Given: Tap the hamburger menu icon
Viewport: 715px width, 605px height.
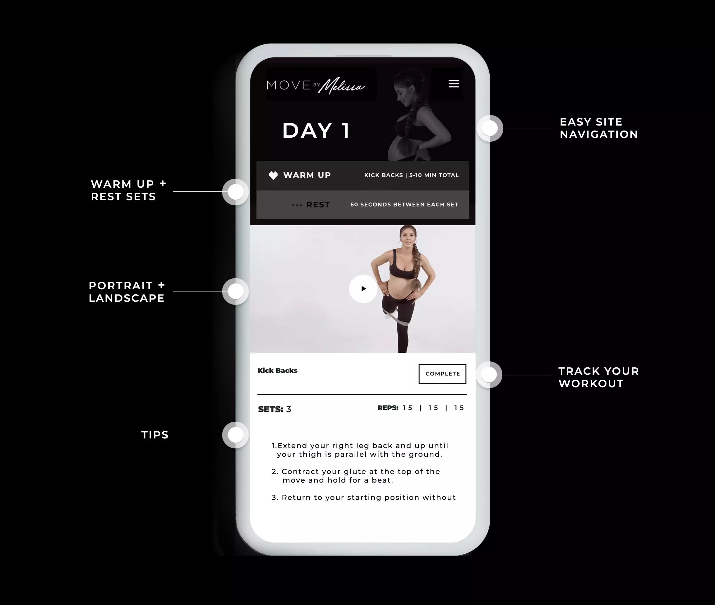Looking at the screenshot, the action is point(454,84).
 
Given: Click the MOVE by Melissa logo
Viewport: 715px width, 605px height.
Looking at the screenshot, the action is point(316,85).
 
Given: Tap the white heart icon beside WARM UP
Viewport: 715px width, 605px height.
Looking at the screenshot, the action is point(273,175).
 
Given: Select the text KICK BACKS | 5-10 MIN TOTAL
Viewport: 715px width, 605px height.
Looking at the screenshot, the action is point(411,175).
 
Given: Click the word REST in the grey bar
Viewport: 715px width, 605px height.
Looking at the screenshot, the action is point(318,205).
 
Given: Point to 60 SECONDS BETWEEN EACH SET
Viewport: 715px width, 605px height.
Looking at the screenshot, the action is point(404,205).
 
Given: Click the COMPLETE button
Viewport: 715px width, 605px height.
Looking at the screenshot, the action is point(442,374).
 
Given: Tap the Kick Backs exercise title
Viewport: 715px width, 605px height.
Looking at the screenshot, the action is point(278,370).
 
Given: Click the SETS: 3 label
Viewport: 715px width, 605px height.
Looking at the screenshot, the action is point(274,409).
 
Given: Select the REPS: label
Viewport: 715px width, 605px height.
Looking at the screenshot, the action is point(388,408).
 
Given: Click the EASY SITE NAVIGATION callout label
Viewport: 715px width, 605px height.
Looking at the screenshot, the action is point(599,128).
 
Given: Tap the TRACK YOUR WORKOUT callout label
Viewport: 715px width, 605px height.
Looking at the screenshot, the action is point(599,377).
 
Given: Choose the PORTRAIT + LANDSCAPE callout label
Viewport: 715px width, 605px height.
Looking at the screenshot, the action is point(127,292).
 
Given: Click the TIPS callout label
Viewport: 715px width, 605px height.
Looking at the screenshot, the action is point(155,435).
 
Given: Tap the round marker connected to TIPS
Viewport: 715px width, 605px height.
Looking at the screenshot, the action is point(235,435).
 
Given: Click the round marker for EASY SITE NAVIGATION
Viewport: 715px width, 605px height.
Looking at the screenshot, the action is point(490,128).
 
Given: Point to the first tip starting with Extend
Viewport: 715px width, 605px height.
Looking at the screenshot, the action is point(360,450).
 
